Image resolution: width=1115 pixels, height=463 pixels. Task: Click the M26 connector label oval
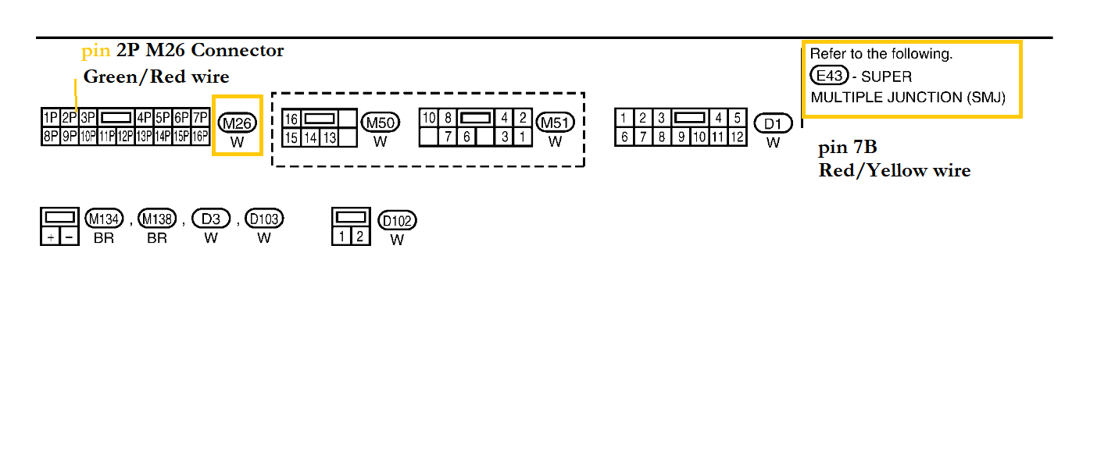[x=238, y=123]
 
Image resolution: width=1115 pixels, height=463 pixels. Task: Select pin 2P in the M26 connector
[x=68, y=118]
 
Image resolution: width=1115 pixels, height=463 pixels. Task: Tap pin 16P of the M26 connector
[x=201, y=137]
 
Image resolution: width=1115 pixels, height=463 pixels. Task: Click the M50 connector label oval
[x=381, y=123]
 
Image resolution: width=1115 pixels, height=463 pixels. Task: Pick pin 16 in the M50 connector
[x=291, y=119]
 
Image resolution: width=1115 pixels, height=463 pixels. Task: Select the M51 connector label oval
[x=555, y=123]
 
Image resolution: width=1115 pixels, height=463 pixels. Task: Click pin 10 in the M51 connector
[x=428, y=118]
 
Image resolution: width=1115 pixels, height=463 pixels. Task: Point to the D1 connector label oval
[x=773, y=123]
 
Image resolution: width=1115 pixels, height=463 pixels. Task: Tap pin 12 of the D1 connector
[x=737, y=137]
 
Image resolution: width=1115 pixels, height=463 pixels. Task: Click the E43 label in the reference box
[x=829, y=77]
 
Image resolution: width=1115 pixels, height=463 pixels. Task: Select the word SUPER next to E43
[x=886, y=77]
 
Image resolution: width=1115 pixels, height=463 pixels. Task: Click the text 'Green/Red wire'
[x=156, y=77]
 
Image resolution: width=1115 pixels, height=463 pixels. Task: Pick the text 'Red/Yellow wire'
[x=895, y=170]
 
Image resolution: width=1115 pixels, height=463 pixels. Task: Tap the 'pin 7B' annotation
[x=848, y=148]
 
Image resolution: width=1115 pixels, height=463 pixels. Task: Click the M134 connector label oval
[x=104, y=219]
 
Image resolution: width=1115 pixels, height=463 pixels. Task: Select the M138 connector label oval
[x=157, y=219]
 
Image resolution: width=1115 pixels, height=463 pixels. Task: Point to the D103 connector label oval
[x=264, y=219]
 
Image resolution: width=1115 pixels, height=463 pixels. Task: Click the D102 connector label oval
[x=397, y=221]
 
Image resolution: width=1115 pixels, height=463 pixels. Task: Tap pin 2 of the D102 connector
[x=359, y=236]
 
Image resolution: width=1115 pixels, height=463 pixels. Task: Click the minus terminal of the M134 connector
[x=70, y=237]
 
